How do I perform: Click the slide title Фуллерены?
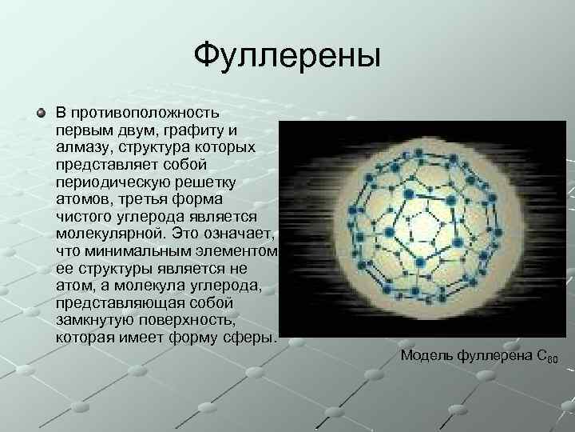point(287,57)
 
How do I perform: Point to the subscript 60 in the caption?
point(552,360)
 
